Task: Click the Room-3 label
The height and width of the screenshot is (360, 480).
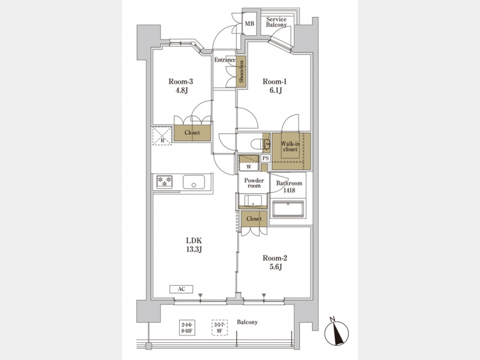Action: click(181, 82)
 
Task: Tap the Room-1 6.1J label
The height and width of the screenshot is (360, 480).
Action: click(275, 86)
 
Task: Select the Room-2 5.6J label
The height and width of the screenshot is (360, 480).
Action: click(275, 262)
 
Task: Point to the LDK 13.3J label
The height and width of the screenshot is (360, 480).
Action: click(194, 245)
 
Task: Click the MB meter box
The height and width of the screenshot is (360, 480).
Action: click(250, 23)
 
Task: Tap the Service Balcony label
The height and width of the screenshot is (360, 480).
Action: click(276, 22)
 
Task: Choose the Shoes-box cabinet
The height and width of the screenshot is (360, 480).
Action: click(241, 72)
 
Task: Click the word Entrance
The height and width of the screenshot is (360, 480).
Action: click(225, 60)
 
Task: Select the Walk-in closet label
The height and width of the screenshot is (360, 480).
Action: click(290, 147)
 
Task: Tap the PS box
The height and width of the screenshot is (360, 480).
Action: click(266, 158)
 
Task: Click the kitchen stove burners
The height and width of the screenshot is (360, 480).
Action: click(164, 182)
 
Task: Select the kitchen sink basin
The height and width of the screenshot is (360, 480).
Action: click(194, 182)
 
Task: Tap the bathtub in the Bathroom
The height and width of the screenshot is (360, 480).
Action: click(288, 209)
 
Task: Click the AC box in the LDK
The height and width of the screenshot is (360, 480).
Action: click(181, 289)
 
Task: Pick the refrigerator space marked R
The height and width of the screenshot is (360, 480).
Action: click(162, 135)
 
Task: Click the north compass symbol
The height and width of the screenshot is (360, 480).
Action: click(336, 332)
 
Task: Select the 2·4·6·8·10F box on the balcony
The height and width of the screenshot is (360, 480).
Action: click(187, 327)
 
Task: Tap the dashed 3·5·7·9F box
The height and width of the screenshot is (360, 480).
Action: click(220, 327)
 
